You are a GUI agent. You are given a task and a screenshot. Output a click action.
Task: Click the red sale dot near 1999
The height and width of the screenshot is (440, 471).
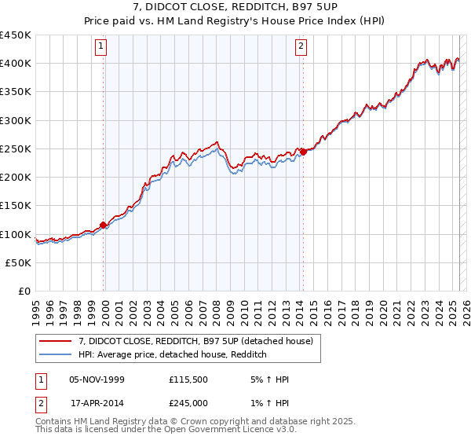point(104,225)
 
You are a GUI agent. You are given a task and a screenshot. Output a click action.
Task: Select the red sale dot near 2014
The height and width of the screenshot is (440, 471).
point(303,152)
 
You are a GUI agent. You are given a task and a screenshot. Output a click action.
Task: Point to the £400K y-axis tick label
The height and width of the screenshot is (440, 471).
point(16,64)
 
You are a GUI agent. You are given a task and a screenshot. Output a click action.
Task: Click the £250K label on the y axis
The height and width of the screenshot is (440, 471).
point(16,149)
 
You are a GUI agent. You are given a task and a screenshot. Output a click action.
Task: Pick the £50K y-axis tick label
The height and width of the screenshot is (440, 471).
point(19,263)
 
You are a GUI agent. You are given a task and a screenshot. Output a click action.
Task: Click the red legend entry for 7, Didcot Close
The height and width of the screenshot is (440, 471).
point(195,341)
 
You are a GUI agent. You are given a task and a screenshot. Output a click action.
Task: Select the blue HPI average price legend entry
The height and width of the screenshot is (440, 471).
point(173,354)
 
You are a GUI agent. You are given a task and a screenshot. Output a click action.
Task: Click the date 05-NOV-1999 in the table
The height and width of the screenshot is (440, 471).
point(97,380)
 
